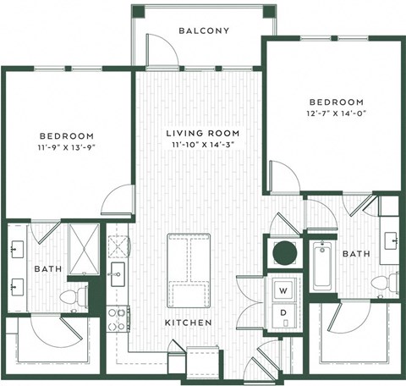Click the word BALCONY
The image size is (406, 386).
(x=204, y=31)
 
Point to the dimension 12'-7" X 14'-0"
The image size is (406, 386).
(x=336, y=113)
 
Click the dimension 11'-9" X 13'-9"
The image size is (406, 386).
(x=66, y=147)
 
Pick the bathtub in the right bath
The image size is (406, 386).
(x=322, y=265)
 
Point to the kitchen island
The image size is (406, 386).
(x=190, y=270)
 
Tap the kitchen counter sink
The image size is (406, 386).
(x=118, y=273)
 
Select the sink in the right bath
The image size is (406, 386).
(x=390, y=240)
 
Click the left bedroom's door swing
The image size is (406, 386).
(x=116, y=201)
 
